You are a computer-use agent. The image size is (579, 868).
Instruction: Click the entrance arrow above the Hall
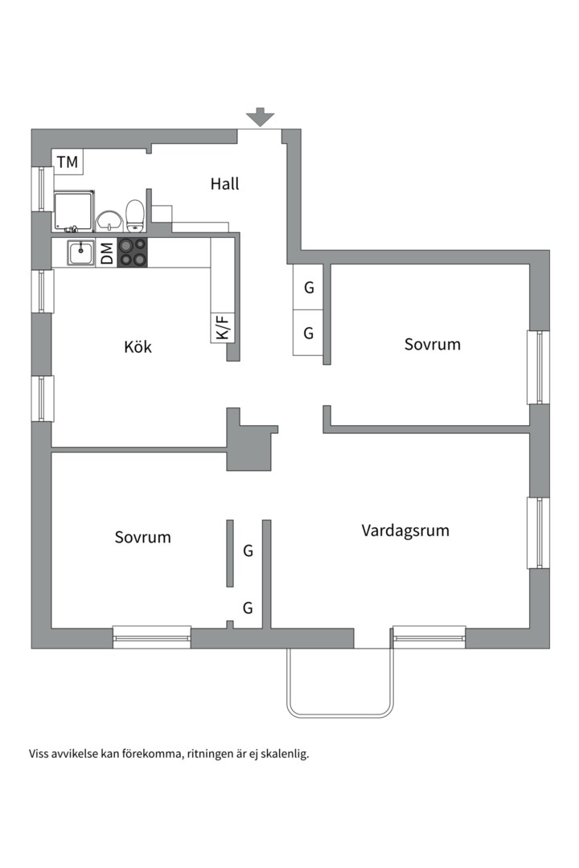tap(260, 117)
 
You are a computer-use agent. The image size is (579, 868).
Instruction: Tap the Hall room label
tap(225, 183)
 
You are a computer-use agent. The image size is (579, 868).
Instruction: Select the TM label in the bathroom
tap(68, 162)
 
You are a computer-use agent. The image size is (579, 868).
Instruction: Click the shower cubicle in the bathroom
tap(74, 211)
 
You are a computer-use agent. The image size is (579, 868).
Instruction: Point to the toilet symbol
tap(135, 215)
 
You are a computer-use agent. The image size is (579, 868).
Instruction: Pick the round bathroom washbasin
tap(108, 219)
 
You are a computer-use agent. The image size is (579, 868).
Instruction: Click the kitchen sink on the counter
tap(80, 252)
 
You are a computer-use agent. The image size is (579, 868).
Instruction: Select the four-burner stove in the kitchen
tap(133, 252)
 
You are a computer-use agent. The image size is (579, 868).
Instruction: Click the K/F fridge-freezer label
tap(223, 327)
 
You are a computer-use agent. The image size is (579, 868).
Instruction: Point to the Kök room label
tap(138, 347)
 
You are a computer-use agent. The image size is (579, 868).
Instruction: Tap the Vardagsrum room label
tap(405, 530)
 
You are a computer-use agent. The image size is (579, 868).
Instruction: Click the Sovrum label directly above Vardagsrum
tap(433, 344)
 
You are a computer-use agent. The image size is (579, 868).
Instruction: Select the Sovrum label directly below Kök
tap(142, 537)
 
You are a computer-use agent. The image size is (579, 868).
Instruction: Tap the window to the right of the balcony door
tap(429, 637)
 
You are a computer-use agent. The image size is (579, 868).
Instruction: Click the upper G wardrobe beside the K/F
tap(308, 288)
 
